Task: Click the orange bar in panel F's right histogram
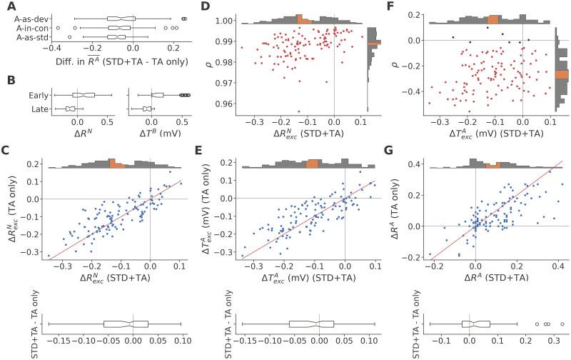tap(561, 74)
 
